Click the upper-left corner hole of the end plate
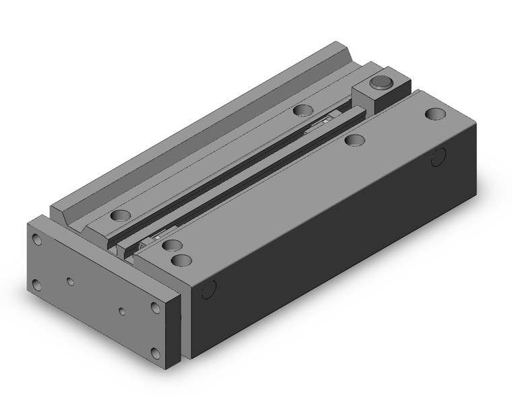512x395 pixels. (37, 239)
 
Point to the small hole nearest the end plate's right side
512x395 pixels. (122, 311)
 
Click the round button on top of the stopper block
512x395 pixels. (381, 83)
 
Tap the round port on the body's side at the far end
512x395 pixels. (439, 157)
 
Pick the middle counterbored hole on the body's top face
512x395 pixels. (354, 141)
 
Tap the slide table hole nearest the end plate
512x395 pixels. (121, 216)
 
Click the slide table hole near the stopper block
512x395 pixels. (302, 110)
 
